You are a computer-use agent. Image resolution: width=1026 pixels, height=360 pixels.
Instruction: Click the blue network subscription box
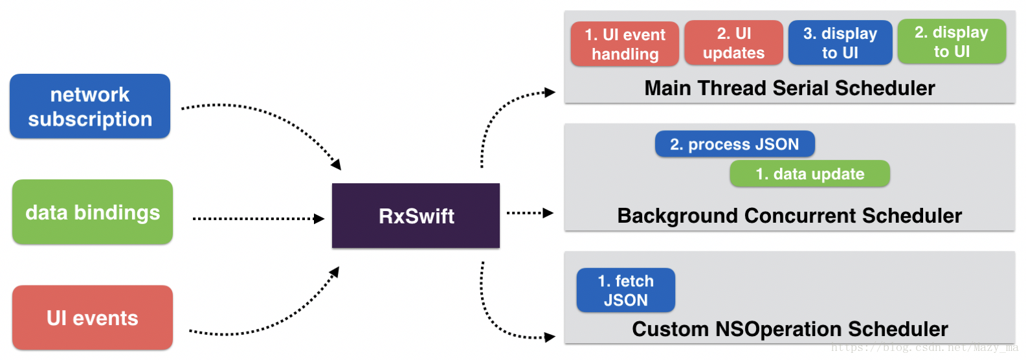click(x=90, y=106)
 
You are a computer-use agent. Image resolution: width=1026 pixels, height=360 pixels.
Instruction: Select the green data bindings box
click(x=93, y=212)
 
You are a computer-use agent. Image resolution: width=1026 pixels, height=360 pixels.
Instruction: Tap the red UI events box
click(x=93, y=318)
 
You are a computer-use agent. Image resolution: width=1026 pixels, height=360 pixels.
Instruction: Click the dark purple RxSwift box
click(x=416, y=216)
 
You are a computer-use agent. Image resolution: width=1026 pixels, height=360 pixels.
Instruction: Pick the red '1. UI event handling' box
click(x=625, y=44)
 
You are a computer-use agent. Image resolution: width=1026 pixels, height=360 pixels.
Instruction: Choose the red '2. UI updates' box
click(x=734, y=43)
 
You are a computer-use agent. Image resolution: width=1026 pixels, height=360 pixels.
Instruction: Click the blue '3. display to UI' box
click(x=840, y=43)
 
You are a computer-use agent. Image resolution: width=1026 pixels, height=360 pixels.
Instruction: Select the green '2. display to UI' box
click(x=952, y=41)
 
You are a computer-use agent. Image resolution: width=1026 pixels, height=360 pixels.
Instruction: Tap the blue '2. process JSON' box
click(x=735, y=144)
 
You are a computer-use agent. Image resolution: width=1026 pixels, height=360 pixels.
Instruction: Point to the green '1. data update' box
click(x=810, y=174)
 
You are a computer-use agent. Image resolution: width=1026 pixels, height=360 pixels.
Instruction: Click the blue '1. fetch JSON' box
click(x=626, y=290)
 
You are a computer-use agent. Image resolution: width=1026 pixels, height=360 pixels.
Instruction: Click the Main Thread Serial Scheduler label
click(x=790, y=88)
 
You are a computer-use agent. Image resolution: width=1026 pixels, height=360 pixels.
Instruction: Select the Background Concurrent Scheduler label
click(x=790, y=216)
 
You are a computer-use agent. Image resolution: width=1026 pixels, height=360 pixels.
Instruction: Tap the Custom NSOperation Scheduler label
click(x=790, y=329)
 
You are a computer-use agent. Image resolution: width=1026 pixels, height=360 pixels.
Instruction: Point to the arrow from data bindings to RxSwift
click(x=259, y=219)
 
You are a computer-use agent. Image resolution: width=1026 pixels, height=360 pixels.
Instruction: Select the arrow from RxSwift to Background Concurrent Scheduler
click(x=530, y=212)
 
